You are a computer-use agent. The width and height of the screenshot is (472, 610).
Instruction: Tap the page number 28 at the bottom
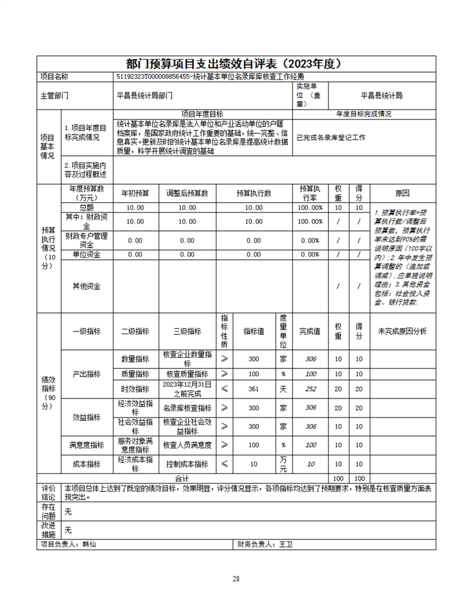tap(236, 579)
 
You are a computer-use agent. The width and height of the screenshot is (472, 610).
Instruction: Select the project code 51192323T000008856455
tap(154, 77)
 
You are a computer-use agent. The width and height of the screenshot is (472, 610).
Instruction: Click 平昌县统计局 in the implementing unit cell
tap(381, 96)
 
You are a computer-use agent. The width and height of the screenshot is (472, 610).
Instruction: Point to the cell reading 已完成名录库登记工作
tap(331, 137)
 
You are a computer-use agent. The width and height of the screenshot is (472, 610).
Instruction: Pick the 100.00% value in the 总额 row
tap(310, 208)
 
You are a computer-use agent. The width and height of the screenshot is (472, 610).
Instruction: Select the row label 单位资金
tap(86, 254)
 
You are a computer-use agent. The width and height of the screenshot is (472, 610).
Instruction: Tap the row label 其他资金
tap(86, 287)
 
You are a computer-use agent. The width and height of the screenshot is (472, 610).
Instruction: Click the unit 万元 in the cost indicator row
tap(283, 464)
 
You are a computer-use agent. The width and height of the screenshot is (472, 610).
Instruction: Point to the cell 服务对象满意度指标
tap(135, 445)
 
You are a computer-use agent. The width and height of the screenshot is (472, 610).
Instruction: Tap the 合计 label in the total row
tap(182, 479)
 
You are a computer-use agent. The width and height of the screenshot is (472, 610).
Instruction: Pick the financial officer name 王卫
tap(286, 544)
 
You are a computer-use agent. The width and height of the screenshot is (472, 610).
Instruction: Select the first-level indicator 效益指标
tap(86, 417)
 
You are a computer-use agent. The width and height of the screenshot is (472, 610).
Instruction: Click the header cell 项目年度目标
tap(202, 114)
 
